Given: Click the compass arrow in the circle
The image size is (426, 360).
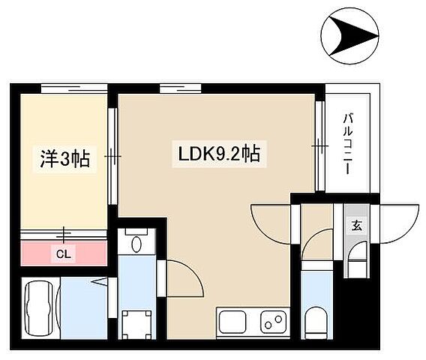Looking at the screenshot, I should point(350,34).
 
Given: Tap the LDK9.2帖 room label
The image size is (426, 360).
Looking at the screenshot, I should point(219,154).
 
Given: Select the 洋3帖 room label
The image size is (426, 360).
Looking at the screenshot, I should point(64,158).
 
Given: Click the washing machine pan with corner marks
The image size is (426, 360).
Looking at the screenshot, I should point(134,323).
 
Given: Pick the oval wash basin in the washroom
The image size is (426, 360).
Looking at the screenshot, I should point(136,244).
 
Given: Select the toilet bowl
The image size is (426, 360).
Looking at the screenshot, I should point(315,321).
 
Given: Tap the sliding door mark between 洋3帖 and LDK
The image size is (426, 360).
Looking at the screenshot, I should point(112,157).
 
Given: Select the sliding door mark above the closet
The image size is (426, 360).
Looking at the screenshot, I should point(64,235).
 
